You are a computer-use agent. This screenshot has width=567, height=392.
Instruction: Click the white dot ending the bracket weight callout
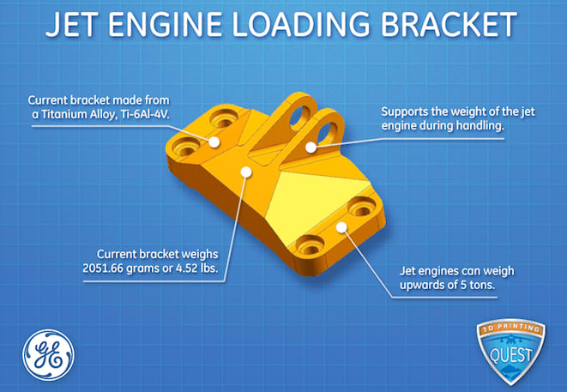coord(246,171)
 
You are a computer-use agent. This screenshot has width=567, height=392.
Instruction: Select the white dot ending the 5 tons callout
coord(341,226)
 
